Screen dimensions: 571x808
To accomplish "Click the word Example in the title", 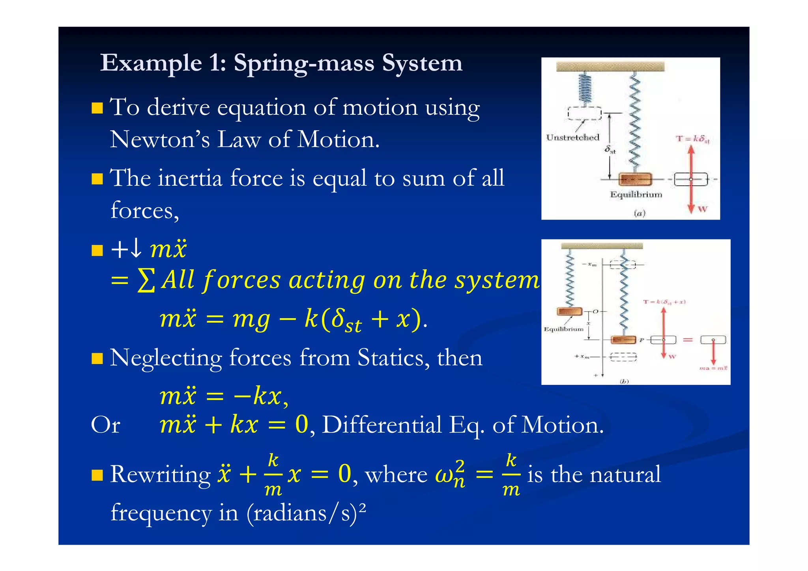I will [151, 63].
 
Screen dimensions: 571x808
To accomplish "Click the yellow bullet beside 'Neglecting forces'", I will [97, 358].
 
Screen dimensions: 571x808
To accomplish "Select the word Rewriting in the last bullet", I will [160, 474].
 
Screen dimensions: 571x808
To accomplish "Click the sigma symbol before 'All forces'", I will [146, 281].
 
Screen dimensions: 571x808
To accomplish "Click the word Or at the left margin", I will [105, 425].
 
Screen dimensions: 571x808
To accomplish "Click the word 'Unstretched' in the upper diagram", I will [572, 137].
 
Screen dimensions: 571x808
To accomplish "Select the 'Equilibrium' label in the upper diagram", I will [636, 194].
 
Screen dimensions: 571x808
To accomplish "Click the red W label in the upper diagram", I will [702, 209].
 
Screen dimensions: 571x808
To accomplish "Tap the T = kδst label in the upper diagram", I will [692, 139].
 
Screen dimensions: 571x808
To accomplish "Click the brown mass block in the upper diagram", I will [635, 179].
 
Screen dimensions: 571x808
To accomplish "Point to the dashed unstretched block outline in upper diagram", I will [584, 113].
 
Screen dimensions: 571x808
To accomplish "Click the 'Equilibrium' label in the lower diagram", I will [563, 329].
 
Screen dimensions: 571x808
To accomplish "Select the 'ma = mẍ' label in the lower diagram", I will [713, 368].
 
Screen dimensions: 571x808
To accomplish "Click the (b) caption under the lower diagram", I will [624, 381].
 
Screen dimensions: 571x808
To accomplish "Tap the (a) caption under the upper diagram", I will [639, 213].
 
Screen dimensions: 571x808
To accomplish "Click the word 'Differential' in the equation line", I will [382, 425].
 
